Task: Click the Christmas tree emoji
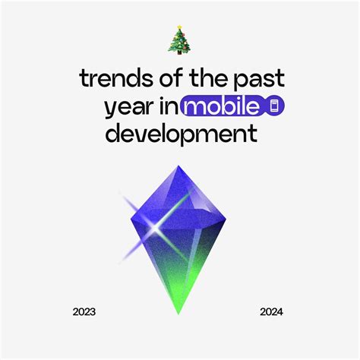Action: point(179,40)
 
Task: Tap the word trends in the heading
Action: point(112,80)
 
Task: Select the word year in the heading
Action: point(128,107)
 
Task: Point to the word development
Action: point(180,134)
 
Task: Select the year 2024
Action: point(271,312)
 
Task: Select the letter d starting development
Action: point(111,134)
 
